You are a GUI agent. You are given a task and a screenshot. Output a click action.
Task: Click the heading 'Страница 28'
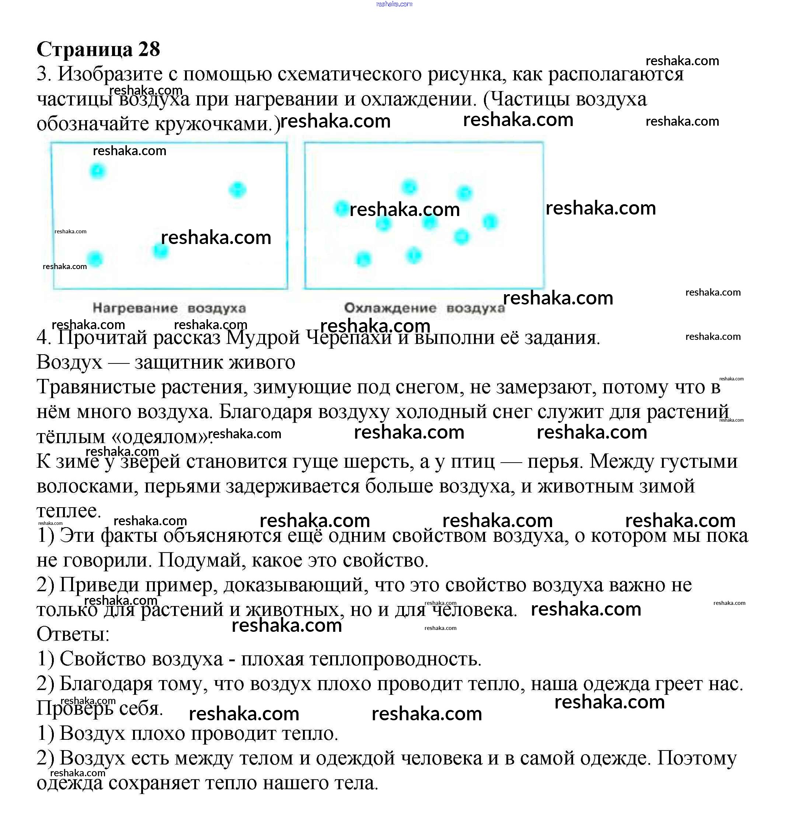coord(98,49)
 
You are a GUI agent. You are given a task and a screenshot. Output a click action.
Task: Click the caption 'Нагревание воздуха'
coord(169,308)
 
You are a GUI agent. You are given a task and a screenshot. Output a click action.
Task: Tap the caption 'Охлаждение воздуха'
coord(424,308)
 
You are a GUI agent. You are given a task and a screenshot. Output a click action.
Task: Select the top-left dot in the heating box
coord(98,171)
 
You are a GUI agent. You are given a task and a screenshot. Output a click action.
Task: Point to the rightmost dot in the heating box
coord(237,189)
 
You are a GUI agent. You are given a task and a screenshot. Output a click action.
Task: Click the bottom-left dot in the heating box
coord(95,259)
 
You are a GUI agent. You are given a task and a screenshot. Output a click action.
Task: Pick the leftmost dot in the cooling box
coord(342,208)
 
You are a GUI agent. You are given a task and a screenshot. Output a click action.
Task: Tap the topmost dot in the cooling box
coord(409,187)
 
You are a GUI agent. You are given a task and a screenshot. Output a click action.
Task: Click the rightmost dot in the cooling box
coord(490,222)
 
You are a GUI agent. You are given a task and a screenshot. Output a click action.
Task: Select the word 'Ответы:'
coord(73,634)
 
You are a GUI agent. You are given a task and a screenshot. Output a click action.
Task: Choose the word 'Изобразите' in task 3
coord(110,74)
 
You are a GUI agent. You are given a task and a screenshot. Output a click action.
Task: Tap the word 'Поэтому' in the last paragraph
coord(697,758)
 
